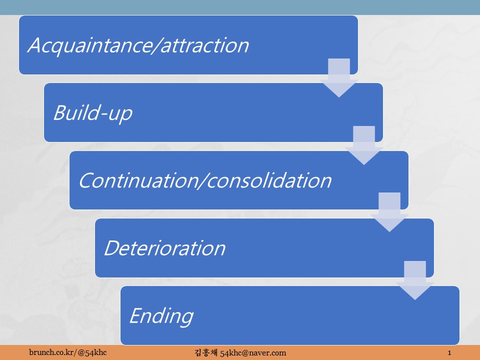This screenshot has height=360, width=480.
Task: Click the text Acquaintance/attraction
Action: click(138, 46)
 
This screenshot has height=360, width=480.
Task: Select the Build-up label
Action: click(93, 113)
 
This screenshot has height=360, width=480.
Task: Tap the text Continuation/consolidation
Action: click(205, 180)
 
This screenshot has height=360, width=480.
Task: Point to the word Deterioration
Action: click(164, 247)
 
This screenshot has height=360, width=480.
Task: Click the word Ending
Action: click(161, 316)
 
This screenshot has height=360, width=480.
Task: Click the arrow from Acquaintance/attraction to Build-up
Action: click(339, 78)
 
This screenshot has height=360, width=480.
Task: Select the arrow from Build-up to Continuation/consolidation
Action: click(364, 145)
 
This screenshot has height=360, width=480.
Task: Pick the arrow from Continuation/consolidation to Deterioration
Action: click(389, 212)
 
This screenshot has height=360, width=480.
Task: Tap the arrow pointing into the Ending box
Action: click(415, 280)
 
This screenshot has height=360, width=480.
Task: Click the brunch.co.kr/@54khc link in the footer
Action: click(68, 352)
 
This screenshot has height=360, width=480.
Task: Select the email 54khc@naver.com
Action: click(253, 353)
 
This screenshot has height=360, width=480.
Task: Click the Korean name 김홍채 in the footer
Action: click(206, 352)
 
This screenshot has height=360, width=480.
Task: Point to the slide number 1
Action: click(449, 352)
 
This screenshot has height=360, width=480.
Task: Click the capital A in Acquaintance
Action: click(35, 45)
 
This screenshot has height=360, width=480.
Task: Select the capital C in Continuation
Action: click(86, 180)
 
